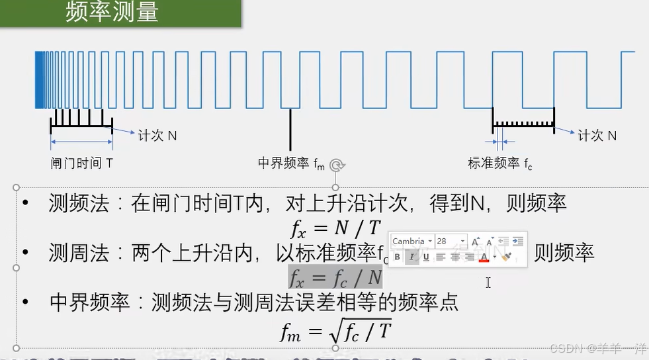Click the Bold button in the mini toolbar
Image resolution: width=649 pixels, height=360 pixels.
point(397,257)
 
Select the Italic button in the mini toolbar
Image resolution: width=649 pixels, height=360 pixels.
point(411,257)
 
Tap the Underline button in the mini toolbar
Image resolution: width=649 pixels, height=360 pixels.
point(426,257)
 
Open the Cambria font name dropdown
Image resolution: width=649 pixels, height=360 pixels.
point(412,242)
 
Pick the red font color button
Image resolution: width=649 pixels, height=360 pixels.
point(484,257)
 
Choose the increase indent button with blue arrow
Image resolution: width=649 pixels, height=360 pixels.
point(518,242)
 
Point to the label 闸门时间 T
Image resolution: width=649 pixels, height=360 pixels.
point(81,162)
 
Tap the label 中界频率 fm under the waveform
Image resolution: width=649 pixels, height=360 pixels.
point(291,163)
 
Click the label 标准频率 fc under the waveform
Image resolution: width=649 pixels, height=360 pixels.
point(500,163)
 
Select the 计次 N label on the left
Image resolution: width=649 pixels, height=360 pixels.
point(157,136)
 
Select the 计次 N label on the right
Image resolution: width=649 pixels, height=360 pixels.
point(597,136)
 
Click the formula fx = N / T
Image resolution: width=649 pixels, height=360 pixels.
point(335,228)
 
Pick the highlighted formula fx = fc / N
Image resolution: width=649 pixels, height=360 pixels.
point(335,275)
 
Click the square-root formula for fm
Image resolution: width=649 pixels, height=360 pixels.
point(335,330)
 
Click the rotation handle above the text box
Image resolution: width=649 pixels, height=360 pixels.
point(337,165)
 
